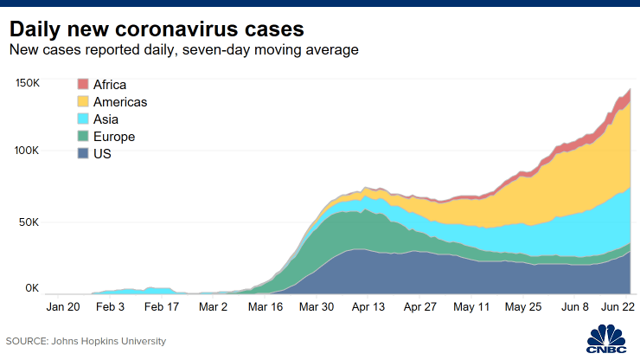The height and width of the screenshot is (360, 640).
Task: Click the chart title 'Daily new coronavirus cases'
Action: point(155,25)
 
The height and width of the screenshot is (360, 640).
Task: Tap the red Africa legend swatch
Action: point(83,85)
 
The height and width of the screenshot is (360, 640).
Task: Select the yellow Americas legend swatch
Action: point(83,102)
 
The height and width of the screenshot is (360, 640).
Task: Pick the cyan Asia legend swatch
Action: point(83,119)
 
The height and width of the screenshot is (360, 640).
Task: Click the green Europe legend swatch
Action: point(83,137)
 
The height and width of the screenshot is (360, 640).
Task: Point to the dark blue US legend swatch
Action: point(83,154)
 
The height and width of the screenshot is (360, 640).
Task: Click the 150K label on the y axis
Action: point(27,83)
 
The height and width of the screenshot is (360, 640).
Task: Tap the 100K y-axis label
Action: point(27,151)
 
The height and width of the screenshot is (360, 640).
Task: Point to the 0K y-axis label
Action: point(32,287)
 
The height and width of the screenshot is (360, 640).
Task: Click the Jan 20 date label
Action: point(63,306)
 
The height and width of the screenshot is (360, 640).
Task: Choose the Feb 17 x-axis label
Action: point(161,306)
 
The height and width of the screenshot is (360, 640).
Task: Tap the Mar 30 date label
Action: point(315,306)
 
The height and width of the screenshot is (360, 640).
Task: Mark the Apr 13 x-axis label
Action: point(368,306)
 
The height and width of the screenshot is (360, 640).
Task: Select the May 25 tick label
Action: point(522,306)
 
